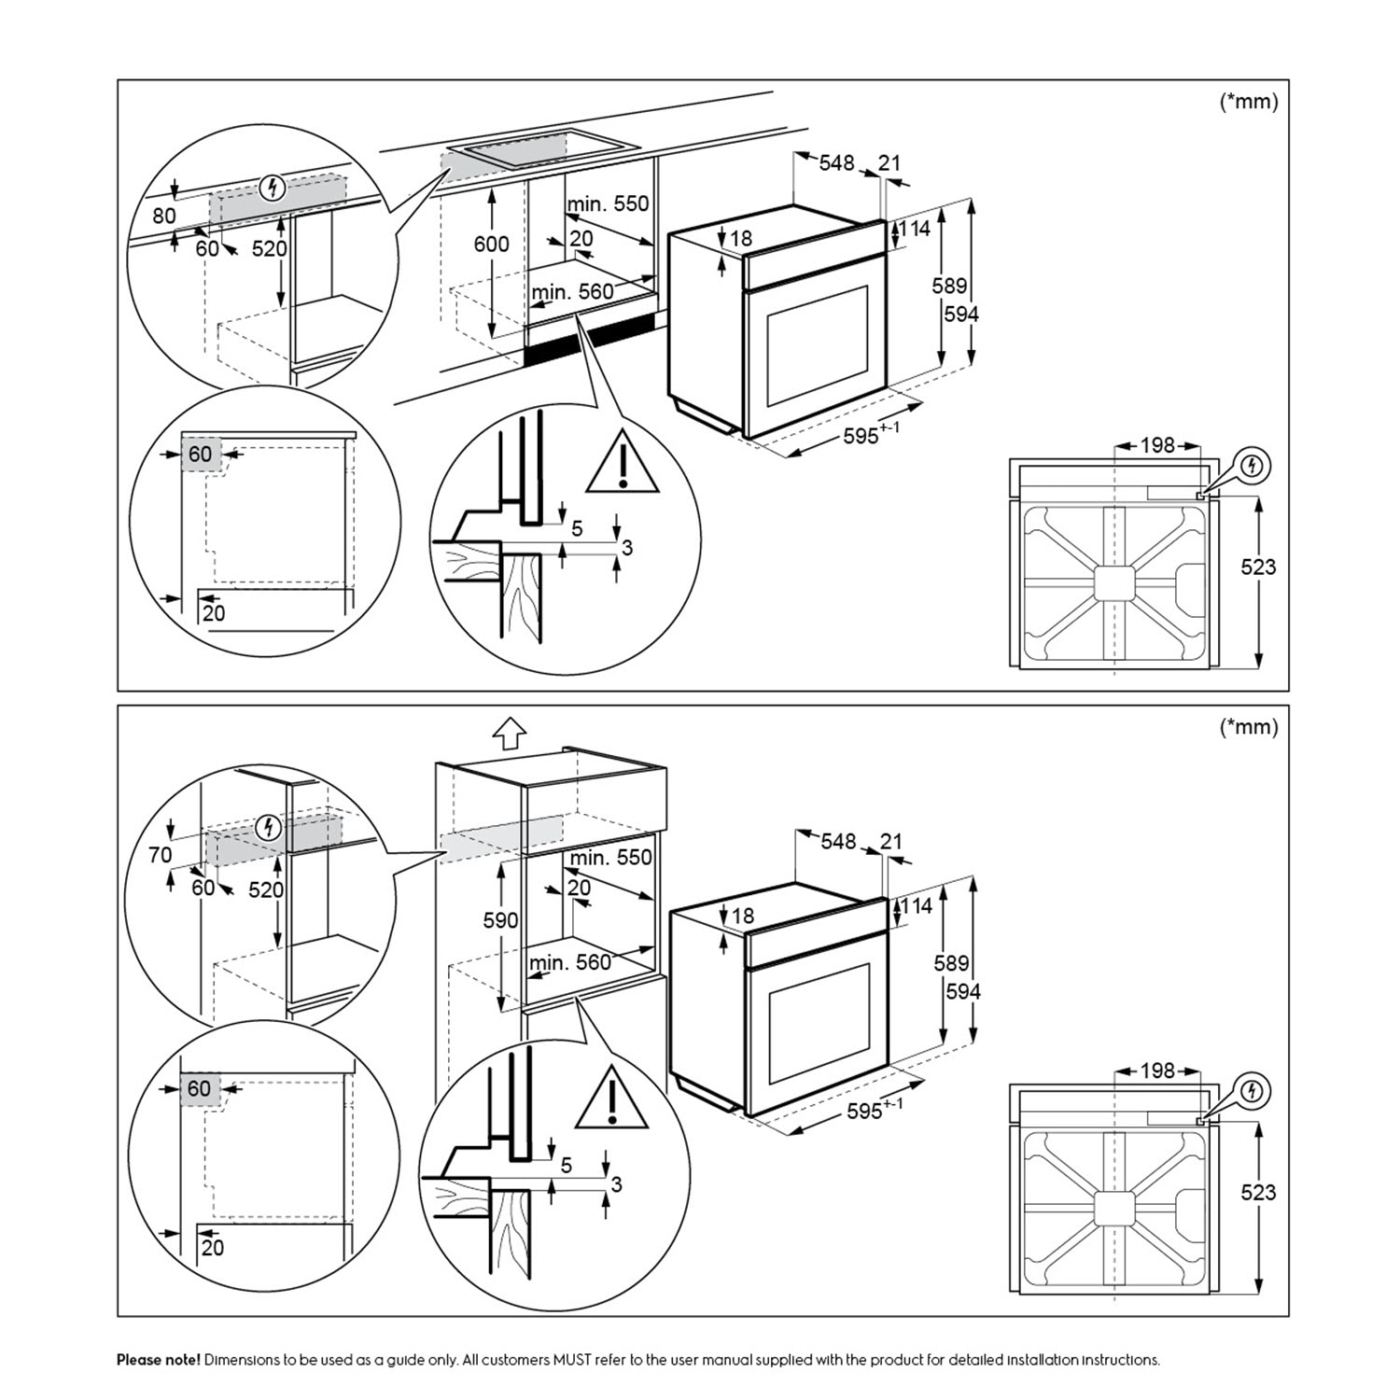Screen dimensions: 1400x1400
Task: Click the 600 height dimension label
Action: click(491, 244)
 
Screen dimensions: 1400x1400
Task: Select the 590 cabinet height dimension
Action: click(500, 920)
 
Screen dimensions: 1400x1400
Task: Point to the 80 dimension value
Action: click(164, 216)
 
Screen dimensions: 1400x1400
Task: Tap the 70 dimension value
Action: click(161, 854)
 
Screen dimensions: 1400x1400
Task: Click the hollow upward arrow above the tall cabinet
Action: click(510, 734)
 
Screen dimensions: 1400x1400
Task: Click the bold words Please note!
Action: click(158, 1360)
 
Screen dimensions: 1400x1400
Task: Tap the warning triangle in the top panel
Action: click(623, 464)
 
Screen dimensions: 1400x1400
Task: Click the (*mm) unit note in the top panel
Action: click(1249, 102)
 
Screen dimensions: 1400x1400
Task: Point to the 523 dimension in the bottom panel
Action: click(1258, 1192)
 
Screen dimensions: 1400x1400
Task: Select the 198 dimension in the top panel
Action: click(1157, 445)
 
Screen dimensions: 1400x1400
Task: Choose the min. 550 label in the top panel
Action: click(608, 203)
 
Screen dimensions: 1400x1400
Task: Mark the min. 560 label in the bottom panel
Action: click(570, 962)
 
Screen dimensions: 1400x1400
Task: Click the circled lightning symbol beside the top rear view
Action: click(1254, 465)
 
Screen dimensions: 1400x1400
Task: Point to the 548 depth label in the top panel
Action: click(836, 162)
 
